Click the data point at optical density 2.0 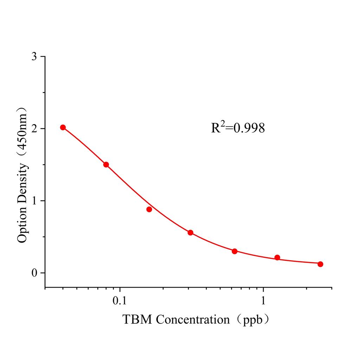pos(63,127)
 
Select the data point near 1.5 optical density pos(106,165)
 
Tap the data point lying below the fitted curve pos(149,209)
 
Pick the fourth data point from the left pos(190,232)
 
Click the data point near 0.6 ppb pos(234,251)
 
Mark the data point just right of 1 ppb pos(277,257)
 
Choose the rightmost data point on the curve pos(320,264)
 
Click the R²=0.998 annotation pos(238,128)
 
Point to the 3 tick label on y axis pos(34,57)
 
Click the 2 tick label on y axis pos(34,129)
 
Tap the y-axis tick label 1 pos(34,201)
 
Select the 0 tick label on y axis pos(34,273)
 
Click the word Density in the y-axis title pos(22,186)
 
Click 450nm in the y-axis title pos(22,134)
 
